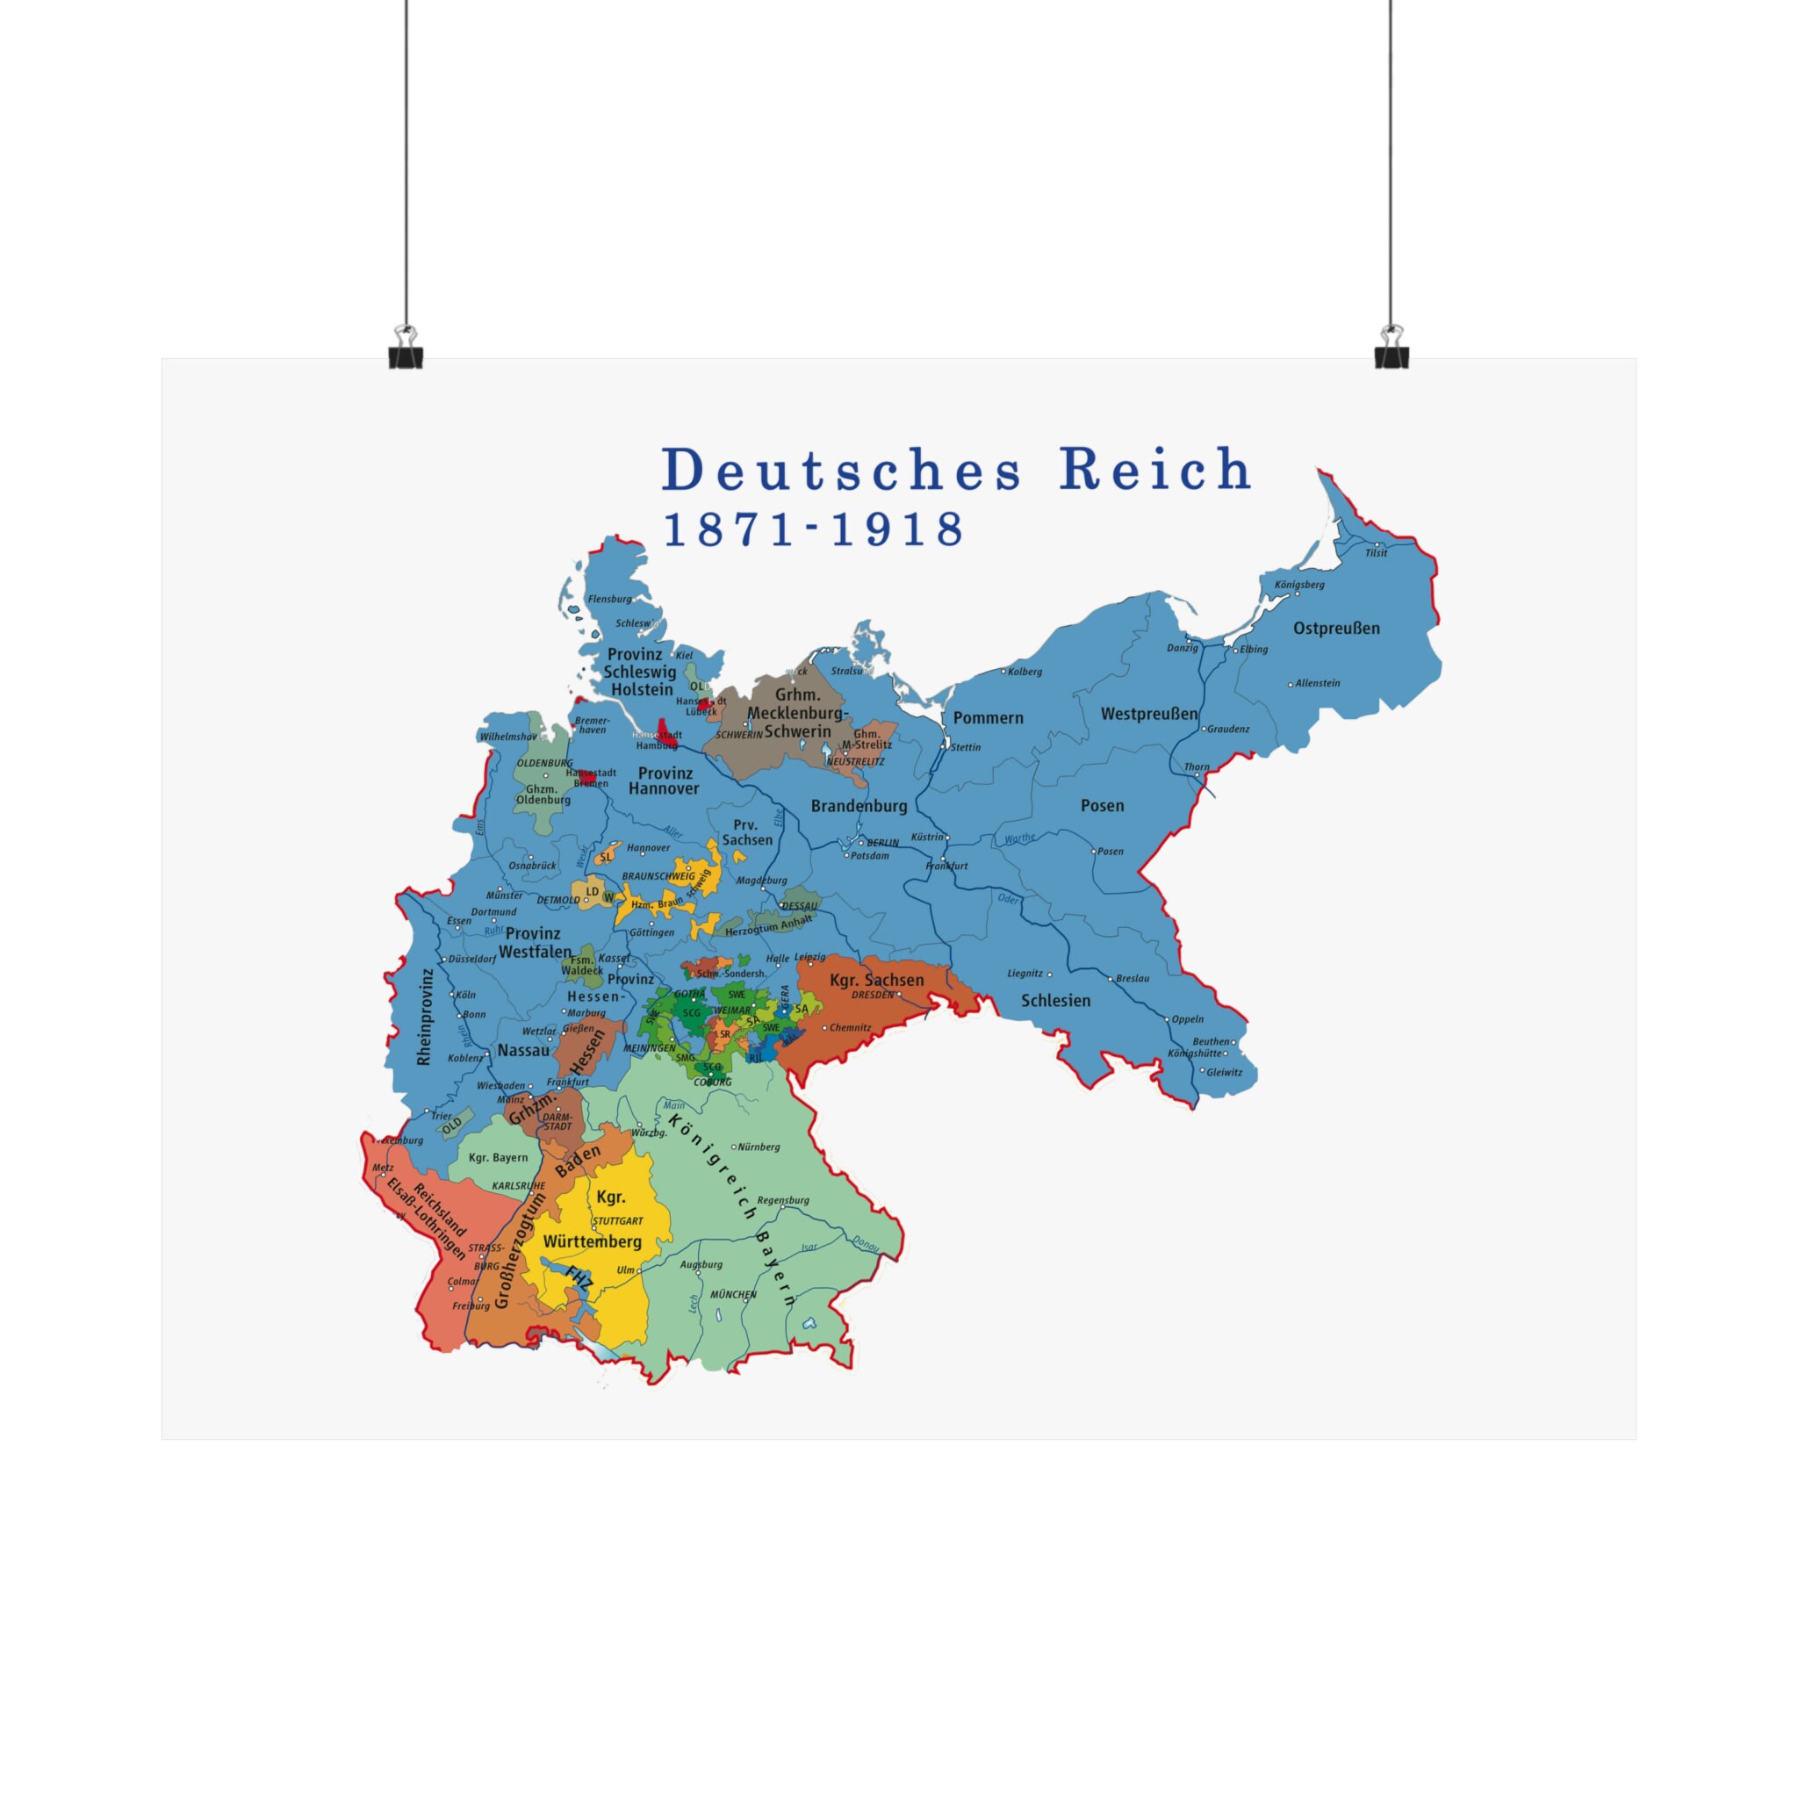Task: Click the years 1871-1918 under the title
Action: [x=812, y=529]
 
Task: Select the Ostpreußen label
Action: [x=1336, y=629]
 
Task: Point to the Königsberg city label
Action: [x=1299, y=585]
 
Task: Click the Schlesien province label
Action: [x=1055, y=1001]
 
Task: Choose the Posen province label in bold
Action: [x=1102, y=806]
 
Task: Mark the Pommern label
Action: [x=988, y=717]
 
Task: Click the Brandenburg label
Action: [x=858, y=806]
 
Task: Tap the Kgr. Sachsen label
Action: [x=877, y=980]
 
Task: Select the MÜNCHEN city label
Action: [x=733, y=1295]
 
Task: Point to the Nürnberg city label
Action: [x=759, y=1147]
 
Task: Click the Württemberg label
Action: [x=592, y=1241]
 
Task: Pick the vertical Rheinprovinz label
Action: [x=425, y=1017]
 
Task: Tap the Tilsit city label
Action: [x=1376, y=553]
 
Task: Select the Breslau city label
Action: [x=1133, y=979]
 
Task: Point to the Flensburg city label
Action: [x=609, y=600]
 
